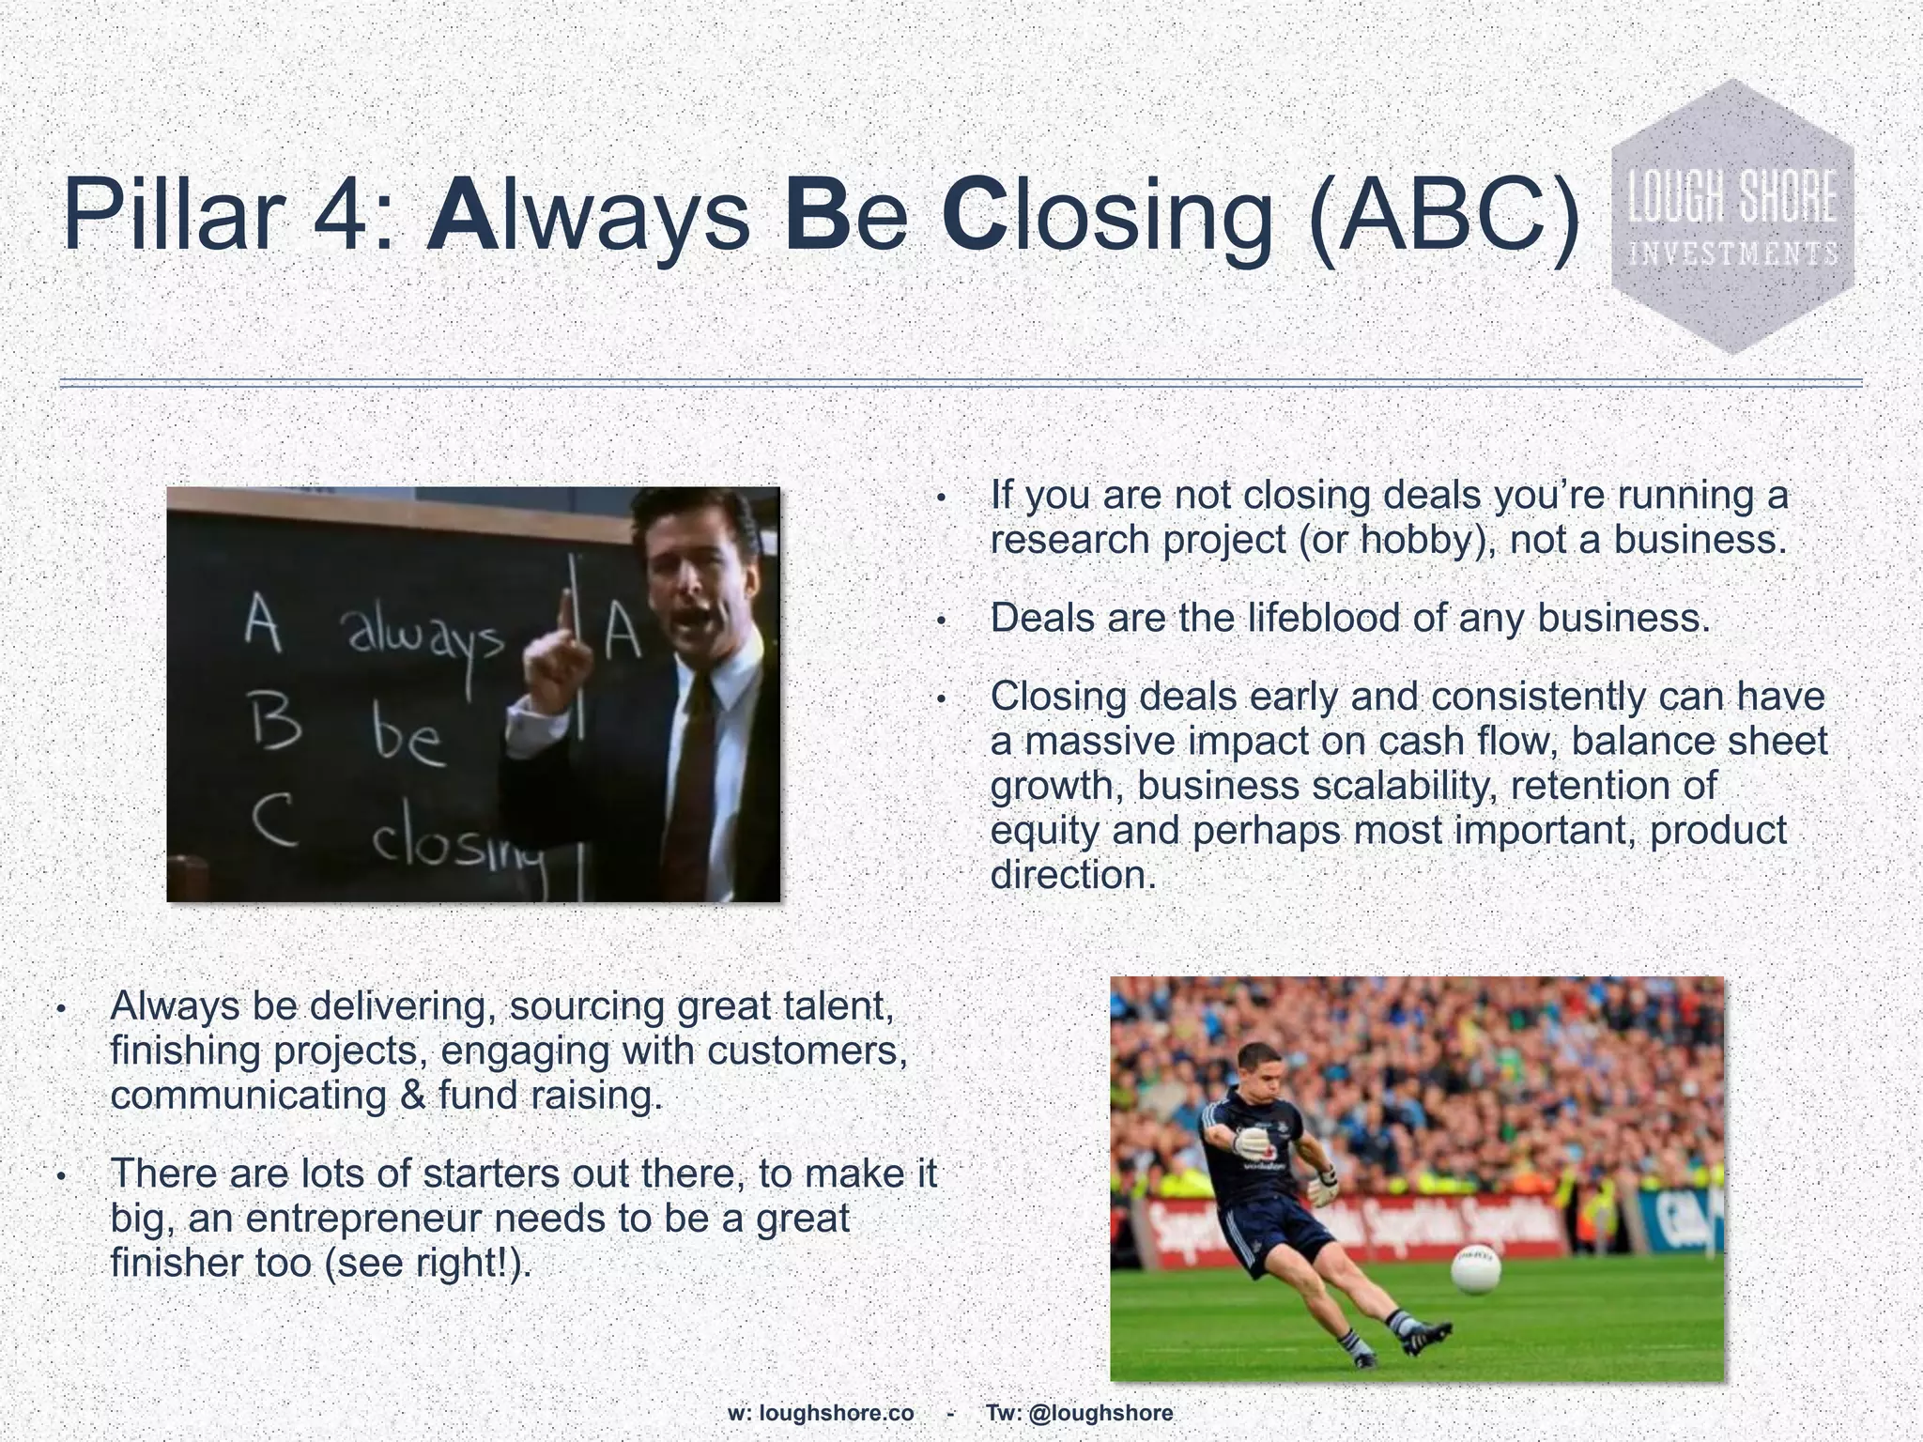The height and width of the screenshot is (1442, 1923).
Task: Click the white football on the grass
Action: pos(1477,1268)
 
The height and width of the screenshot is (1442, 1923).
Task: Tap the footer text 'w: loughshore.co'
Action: pos(821,1413)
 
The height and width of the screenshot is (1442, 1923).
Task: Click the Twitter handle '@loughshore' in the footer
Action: pos(1100,1413)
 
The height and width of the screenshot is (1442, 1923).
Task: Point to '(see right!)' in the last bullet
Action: pos(427,1263)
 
